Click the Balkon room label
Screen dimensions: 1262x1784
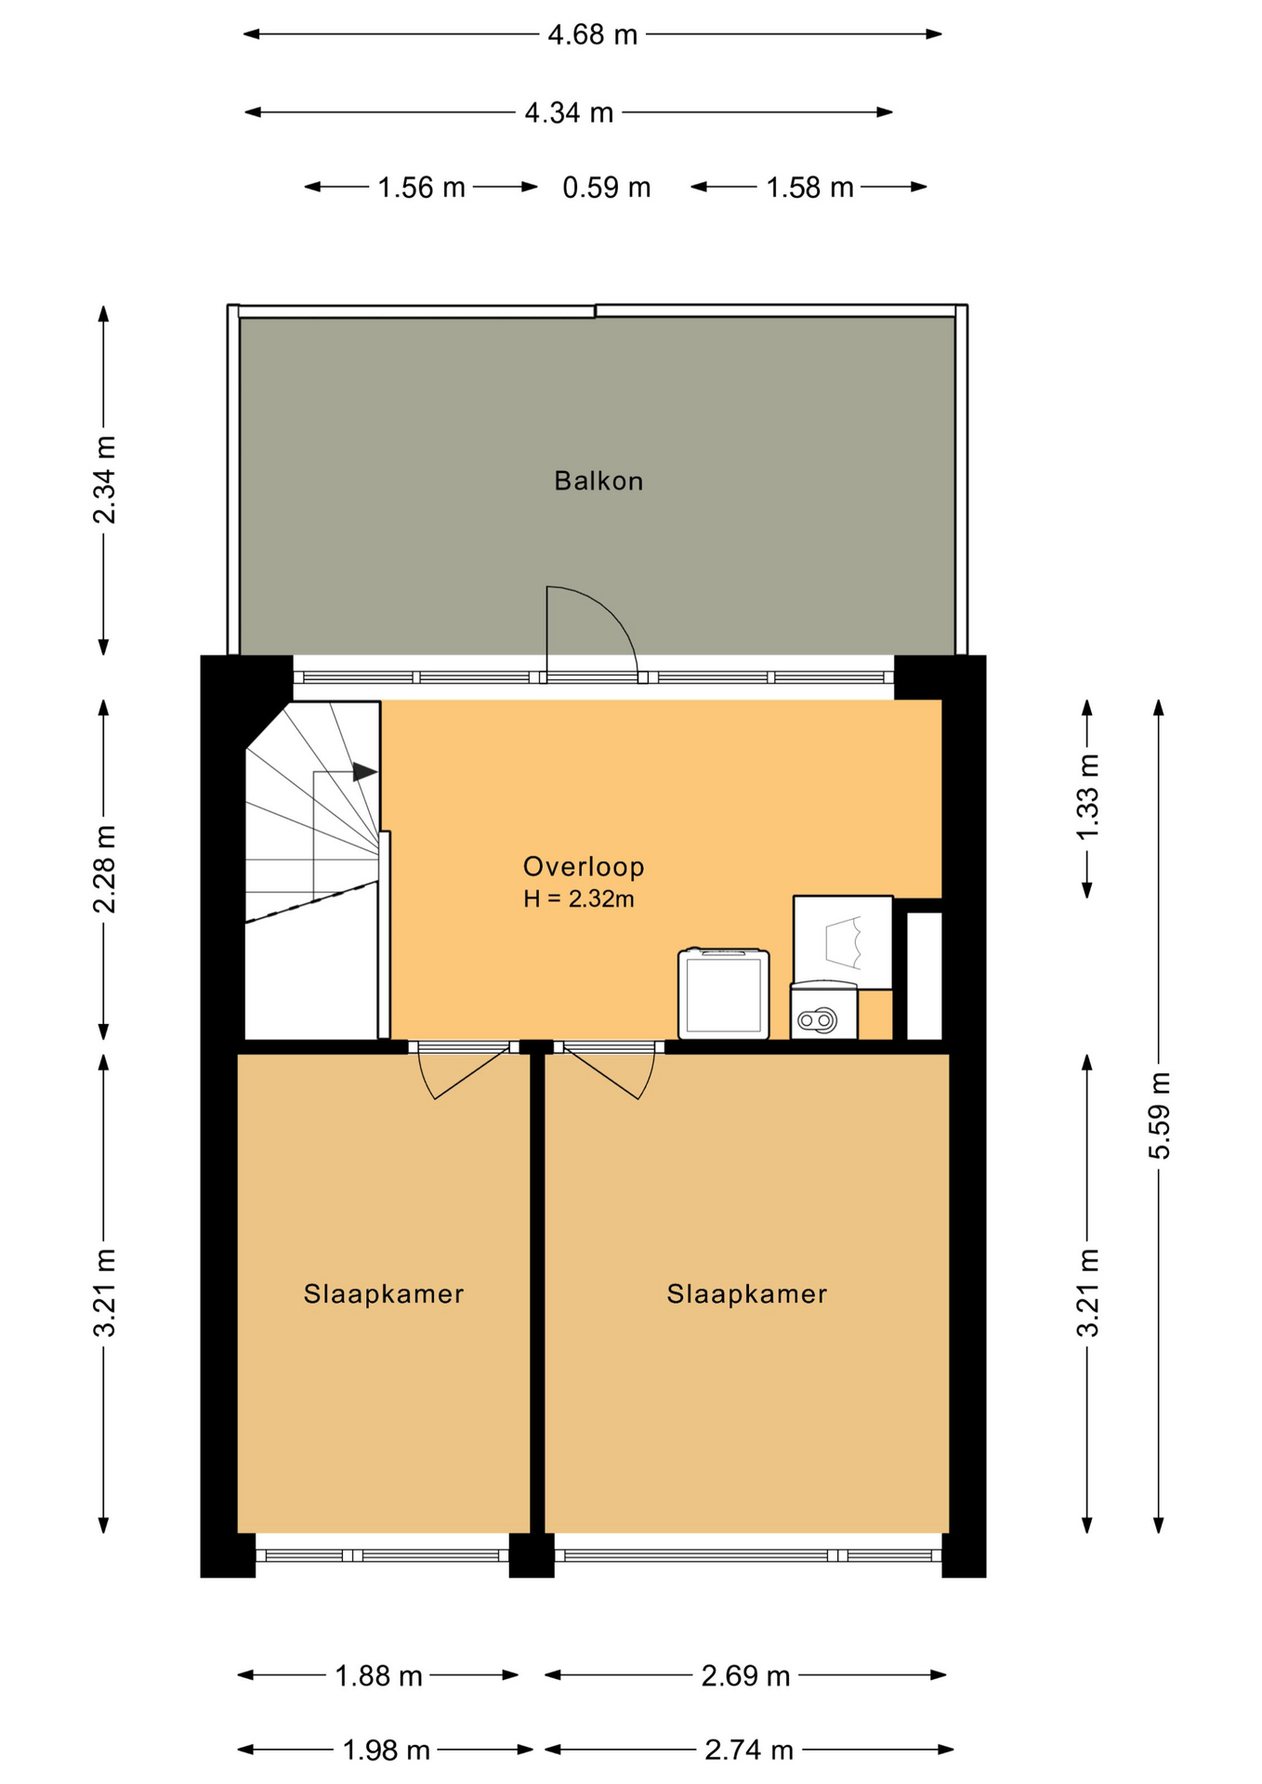[x=598, y=480]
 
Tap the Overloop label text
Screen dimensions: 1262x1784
[x=584, y=867]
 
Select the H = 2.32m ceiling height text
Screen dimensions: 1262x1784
[x=579, y=899]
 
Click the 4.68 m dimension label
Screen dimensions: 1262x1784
[x=593, y=35]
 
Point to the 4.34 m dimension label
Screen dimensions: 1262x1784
[x=569, y=113]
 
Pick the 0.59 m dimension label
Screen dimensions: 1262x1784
[x=607, y=188]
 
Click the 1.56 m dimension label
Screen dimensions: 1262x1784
[x=421, y=188]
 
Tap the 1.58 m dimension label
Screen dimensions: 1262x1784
[x=809, y=188]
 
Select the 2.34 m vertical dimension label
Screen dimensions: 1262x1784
[x=105, y=479]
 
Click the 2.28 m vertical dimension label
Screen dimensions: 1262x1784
[x=105, y=869]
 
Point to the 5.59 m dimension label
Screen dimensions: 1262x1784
[x=1160, y=1115]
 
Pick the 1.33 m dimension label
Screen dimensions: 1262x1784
[x=1088, y=797]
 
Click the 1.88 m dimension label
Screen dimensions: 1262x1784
[x=378, y=1676]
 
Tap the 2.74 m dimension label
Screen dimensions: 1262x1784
[x=749, y=1751]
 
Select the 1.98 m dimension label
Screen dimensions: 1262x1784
[x=387, y=1751]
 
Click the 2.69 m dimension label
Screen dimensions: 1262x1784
[x=745, y=1676]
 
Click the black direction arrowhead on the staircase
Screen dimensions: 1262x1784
[x=365, y=772]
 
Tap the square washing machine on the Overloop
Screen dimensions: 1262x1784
[x=724, y=993]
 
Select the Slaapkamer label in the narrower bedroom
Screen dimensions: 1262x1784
[x=384, y=1294]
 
